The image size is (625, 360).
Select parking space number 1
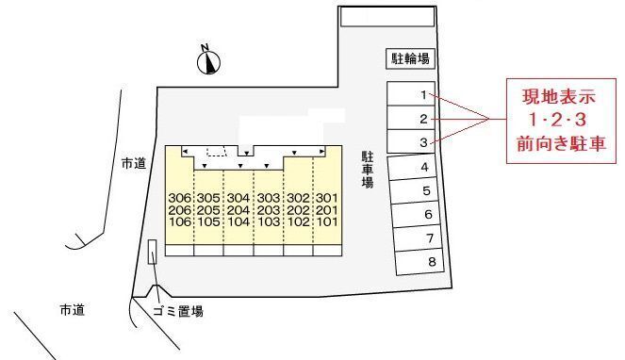pos(424,94)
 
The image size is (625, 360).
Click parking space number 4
pos(424,167)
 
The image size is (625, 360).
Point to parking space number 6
pos(427,215)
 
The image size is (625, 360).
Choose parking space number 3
pos(424,142)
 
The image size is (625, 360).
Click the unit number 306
pos(179,198)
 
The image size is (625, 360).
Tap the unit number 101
pos(326,223)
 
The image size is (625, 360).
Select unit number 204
pos(238,210)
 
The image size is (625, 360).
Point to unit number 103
pos(268,223)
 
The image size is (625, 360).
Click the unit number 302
pos(297,198)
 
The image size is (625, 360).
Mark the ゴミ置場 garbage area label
pos(177,311)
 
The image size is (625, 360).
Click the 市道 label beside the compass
pos(134,163)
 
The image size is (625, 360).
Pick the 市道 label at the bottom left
pos(72,310)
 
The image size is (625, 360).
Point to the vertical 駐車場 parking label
pos(367,169)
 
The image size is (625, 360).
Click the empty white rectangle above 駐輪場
pos(387,17)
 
